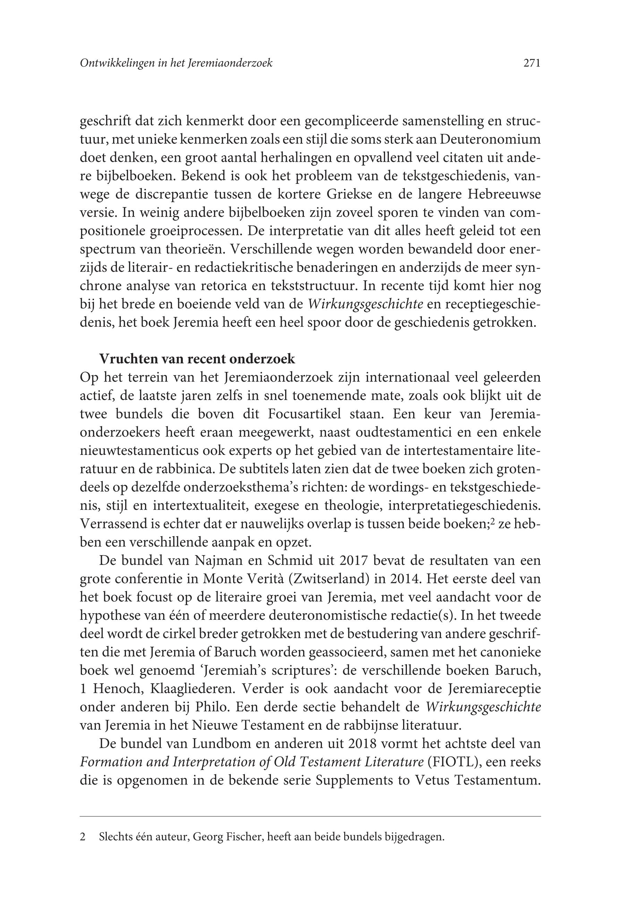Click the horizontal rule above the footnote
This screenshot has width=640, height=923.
310,816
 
